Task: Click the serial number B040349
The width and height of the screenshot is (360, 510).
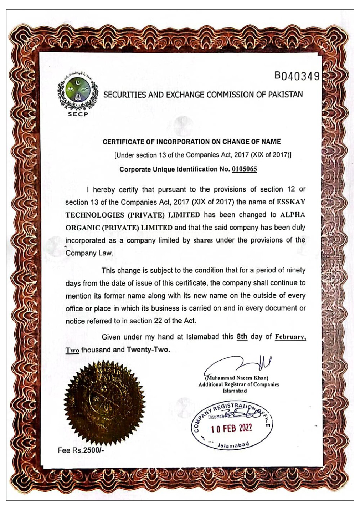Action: point(297,76)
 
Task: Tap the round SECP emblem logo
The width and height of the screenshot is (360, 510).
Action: point(78,93)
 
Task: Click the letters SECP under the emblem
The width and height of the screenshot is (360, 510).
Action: point(78,114)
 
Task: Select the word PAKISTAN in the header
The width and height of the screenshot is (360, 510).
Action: point(285,95)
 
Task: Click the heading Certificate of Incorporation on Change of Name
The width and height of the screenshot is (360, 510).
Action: point(191,142)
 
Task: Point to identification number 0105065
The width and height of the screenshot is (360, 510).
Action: point(244,169)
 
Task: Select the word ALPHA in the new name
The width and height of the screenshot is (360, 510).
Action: point(293,215)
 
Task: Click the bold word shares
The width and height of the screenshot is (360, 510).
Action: point(203,240)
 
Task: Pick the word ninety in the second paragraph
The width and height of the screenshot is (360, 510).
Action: point(296,270)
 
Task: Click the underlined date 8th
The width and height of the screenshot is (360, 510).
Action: point(242,337)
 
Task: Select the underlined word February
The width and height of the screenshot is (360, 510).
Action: point(290,337)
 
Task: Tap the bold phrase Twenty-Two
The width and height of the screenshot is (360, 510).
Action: point(148,350)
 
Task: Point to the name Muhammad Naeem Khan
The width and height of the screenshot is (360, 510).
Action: point(237,378)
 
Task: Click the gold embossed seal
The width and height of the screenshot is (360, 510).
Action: point(104,403)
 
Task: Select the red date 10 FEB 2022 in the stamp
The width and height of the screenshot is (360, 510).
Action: point(231,428)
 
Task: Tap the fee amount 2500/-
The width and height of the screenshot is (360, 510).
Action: point(93,450)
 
